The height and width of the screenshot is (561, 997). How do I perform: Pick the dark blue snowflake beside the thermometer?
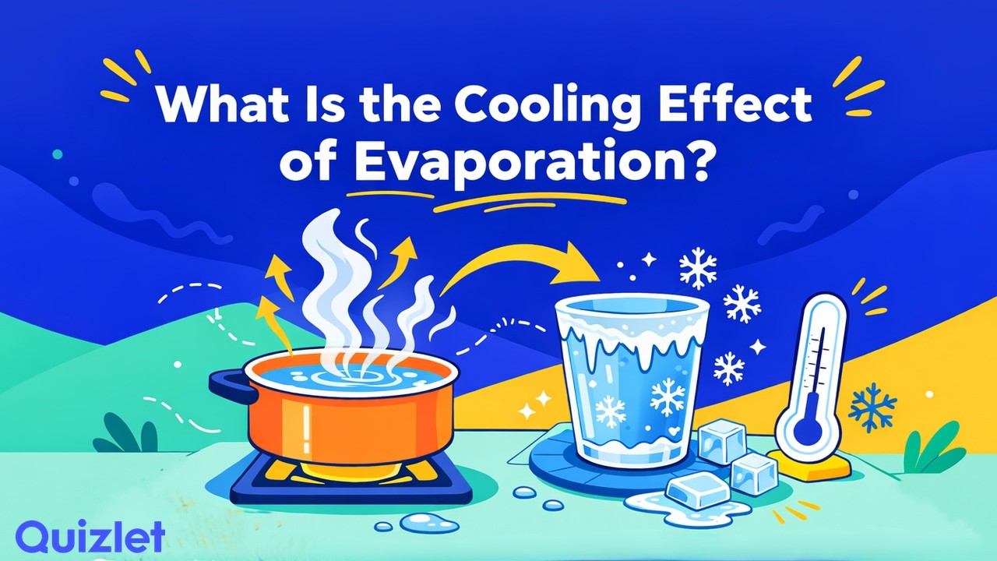coord(870,407)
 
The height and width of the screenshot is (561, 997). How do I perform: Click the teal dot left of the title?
coord(57,154)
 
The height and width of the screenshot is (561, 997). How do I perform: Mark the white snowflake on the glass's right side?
coord(668,397)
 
